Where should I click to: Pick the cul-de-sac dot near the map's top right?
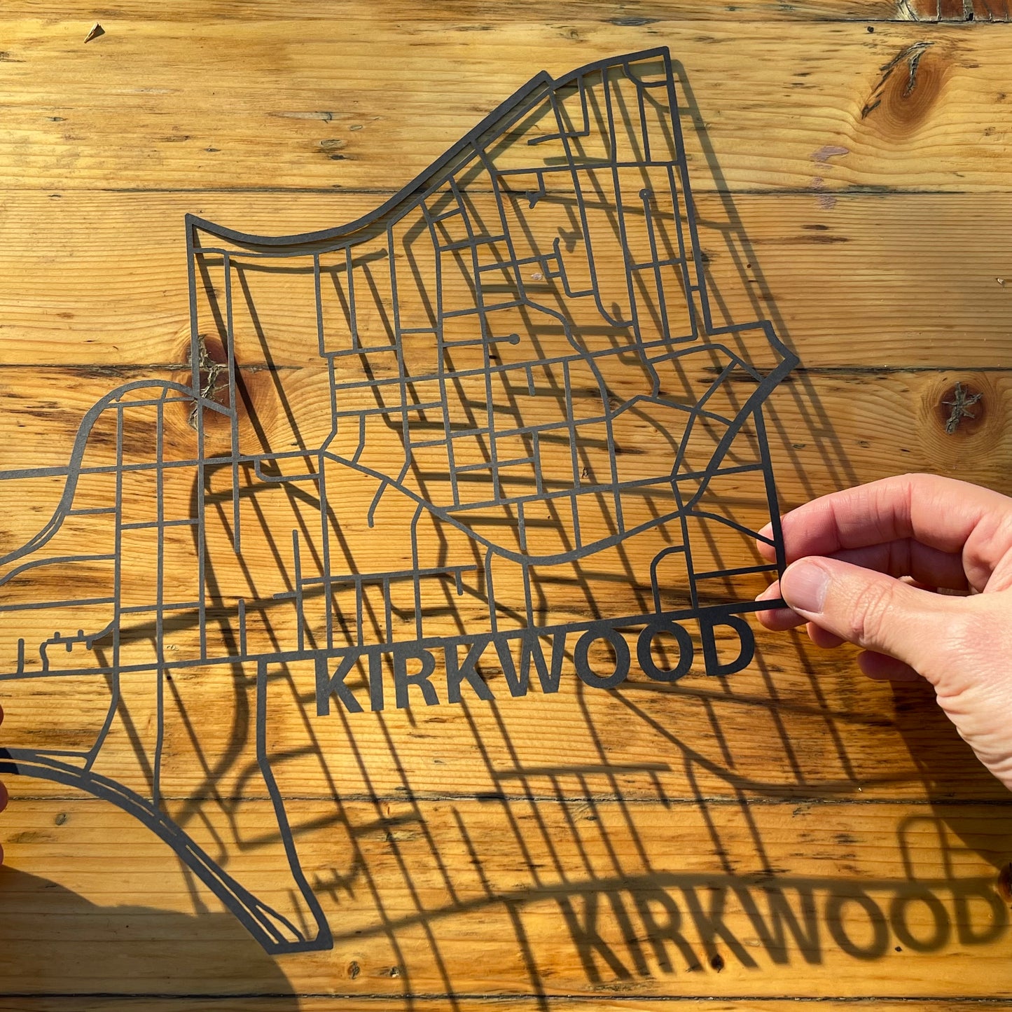(643, 192)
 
